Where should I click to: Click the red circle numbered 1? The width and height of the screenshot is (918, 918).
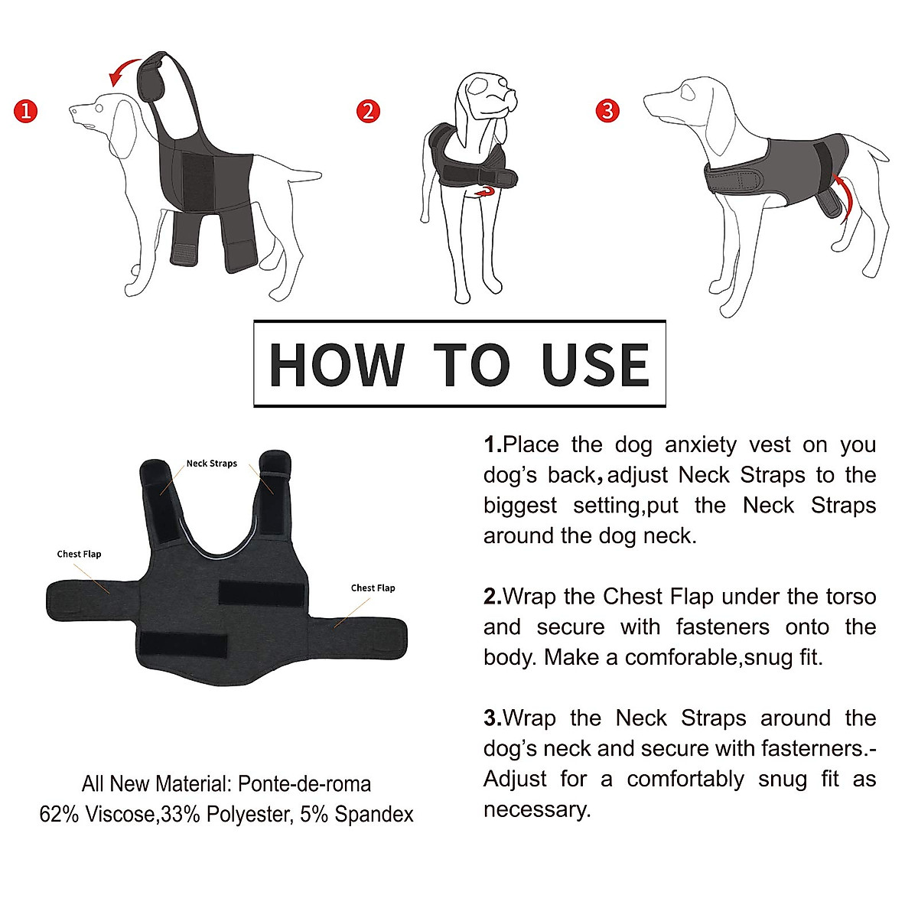26,111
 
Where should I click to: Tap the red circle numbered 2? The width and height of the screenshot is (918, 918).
369,111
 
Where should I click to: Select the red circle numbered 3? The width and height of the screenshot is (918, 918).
607,111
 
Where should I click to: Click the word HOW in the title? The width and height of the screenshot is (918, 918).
337,365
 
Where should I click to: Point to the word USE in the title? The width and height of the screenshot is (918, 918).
595,365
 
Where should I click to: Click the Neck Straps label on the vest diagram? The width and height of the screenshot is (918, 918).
212,464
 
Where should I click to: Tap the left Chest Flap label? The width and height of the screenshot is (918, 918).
79,554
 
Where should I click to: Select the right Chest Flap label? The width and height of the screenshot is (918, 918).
373,588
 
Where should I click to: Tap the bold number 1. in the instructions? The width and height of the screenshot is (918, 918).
493,444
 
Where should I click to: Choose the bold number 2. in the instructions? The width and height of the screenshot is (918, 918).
493,597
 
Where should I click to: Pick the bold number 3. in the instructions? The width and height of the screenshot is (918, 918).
493,718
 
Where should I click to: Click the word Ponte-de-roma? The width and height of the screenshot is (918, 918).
304,784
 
